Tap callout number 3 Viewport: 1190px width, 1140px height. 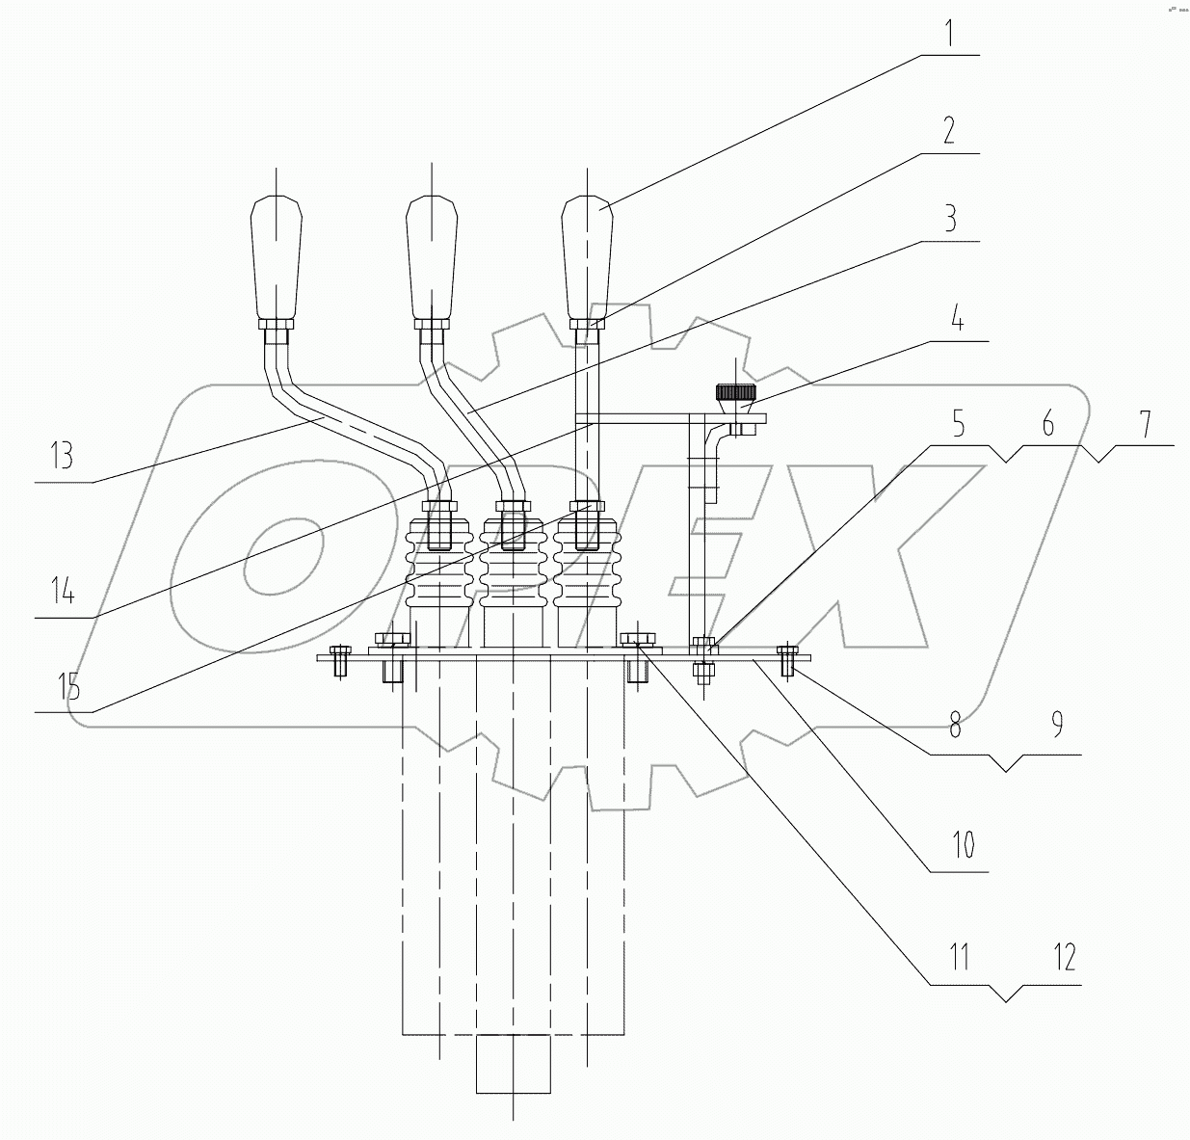(949, 219)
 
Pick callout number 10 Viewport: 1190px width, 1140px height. (964, 846)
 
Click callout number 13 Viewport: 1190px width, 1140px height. (62, 455)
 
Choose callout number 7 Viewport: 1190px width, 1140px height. (1146, 424)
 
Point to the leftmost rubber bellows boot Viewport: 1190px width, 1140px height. (438, 569)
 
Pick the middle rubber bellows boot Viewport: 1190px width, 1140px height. (514, 569)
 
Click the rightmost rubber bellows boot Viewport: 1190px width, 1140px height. (586, 569)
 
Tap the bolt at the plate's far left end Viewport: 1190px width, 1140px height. (338, 659)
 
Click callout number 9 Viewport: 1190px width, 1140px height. (1056, 725)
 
